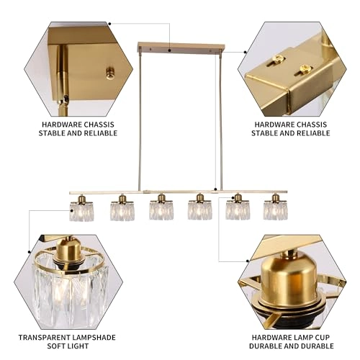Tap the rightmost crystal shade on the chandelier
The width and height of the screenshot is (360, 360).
pos(274,210)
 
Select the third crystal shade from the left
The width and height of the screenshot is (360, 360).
pos(160,210)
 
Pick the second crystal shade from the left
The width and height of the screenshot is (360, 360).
pos(121,210)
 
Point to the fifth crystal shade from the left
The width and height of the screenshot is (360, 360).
pos(238,210)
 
